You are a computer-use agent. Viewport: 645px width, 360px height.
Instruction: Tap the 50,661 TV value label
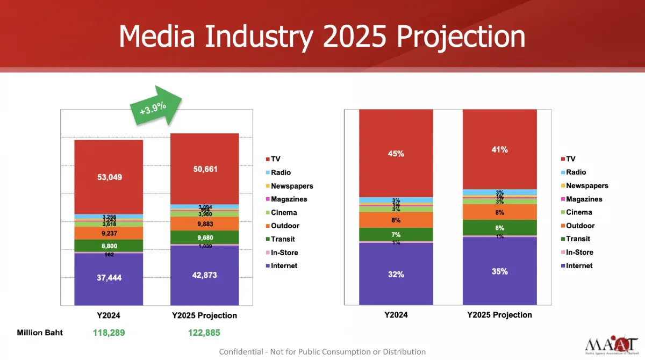click(x=205, y=169)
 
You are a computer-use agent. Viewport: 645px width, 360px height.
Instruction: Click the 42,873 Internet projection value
click(x=205, y=275)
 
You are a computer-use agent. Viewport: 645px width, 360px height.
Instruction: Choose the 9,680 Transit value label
click(x=205, y=237)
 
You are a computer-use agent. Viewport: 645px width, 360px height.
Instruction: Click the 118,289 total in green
click(x=109, y=333)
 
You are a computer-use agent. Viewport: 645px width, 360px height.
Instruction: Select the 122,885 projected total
click(x=204, y=333)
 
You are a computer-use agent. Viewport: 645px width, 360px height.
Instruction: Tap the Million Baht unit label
click(x=40, y=333)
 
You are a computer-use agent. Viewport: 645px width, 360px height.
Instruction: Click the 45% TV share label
click(x=396, y=154)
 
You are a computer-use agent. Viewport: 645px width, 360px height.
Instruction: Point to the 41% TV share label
click(x=499, y=150)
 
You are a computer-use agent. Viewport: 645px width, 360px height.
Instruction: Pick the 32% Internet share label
click(x=396, y=274)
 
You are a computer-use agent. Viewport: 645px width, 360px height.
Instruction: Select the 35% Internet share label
click(x=499, y=271)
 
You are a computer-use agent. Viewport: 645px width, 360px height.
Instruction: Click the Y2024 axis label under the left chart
click(x=108, y=315)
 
